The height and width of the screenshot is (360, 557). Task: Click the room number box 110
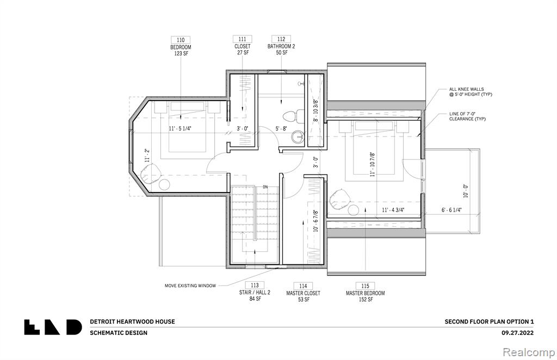tap(181, 40)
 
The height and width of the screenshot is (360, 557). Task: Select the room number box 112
tap(281, 39)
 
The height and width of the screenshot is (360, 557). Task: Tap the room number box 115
tap(365, 286)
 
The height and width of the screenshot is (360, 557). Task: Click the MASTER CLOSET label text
tap(303, 293)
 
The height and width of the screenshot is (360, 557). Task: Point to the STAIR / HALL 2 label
tap(255, 293)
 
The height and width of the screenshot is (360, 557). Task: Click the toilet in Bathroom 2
tap(293, 115)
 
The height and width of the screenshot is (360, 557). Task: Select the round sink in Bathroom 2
tap(297, 136)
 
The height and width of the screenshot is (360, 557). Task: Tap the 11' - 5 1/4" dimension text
tap(180, 128)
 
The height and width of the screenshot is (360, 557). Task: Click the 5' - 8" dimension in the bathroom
tap(281, 128)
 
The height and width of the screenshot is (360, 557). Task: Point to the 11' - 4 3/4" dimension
tap(393, 210)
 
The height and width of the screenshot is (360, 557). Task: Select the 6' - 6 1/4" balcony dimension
tap(451, 210)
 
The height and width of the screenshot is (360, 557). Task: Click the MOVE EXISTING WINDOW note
tap(190, 285)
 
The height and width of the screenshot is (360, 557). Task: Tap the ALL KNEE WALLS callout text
tap(471, 91)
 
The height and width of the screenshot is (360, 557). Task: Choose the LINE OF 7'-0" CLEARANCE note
tap(467, 116)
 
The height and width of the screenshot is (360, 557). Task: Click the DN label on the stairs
tap(265, 187)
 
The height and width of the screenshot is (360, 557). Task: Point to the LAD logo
tap(53, 327)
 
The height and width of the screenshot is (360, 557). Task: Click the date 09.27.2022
tap(517, 333)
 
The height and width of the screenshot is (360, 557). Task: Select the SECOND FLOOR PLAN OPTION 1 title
tap(489, 321)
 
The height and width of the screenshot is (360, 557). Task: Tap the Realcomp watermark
tap(529, 352)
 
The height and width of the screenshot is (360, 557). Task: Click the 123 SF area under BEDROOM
tap(181, 53)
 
